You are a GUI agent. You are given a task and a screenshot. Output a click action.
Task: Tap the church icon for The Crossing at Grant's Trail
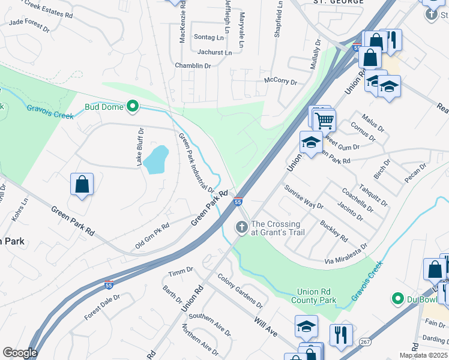[241, 227]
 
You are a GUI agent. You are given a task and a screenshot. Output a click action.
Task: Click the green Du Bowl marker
[397, 298]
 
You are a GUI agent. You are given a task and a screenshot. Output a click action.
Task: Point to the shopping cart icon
[324, 121]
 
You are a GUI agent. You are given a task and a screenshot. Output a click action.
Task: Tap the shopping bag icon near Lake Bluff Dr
[82, 185]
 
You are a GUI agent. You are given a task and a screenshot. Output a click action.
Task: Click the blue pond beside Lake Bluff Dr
[155, 159]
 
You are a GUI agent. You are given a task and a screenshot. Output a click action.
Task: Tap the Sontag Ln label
[208, 37]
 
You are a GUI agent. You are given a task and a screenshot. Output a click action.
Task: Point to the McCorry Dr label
[280, 80]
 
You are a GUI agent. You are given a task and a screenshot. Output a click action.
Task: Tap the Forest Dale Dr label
[102, 306]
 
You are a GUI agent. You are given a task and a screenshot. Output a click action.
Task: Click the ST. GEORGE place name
[339, 2]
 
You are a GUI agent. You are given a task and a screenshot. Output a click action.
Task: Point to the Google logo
[20, 353]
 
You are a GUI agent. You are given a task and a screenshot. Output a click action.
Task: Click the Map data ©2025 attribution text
[423, 355]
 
